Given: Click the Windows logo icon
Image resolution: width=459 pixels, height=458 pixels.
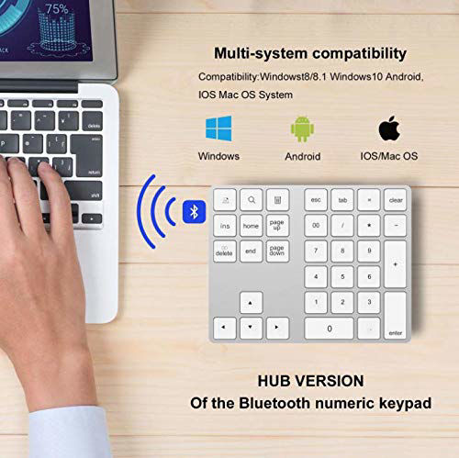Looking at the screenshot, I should (x=218, y=128).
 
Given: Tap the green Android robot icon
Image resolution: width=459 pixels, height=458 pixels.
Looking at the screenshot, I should (x=303, y=128).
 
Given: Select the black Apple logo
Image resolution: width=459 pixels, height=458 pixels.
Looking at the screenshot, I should (x=390, y=128).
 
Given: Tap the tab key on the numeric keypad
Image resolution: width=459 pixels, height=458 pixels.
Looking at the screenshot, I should (x=342, y=199).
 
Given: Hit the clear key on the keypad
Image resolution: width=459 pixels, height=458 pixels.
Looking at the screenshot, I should (x=395, y=199).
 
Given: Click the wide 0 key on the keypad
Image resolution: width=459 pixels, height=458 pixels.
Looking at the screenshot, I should (x=330, y=328).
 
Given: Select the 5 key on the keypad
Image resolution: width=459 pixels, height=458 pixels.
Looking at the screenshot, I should (x=342, y=276).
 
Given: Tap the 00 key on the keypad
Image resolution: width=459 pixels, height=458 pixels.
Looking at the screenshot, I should (x=316, y=225).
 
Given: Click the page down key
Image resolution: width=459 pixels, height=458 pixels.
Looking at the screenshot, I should (x=277, y=251).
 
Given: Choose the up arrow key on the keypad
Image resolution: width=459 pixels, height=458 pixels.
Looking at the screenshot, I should (x=251, y=302).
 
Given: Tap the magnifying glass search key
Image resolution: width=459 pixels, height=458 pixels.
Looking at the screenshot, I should (x=251, y=199).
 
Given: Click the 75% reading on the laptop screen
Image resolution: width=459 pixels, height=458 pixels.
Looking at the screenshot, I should (x=57, y=9).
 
